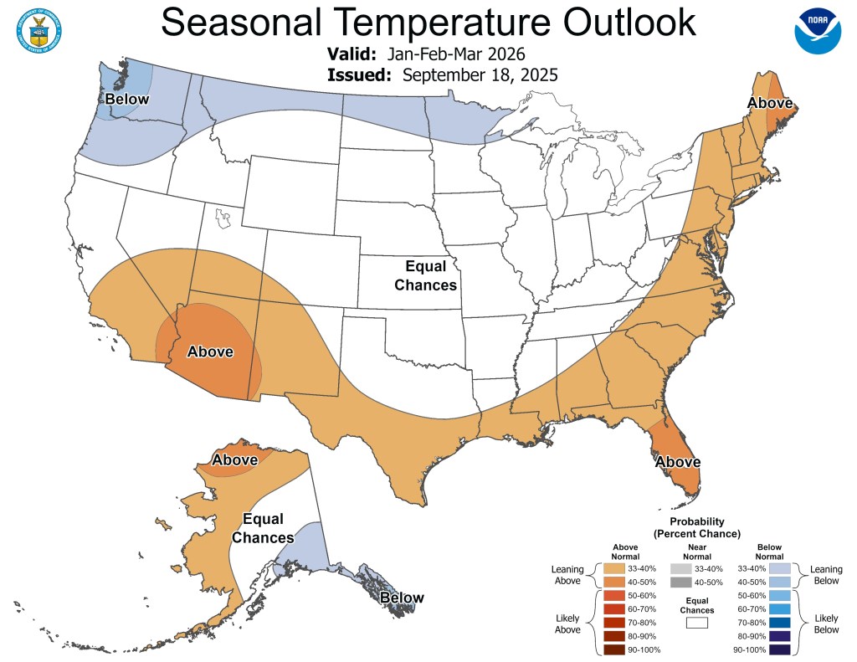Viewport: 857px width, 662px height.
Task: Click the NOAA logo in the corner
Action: point(817,31)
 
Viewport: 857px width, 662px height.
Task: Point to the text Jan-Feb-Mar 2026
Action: point(456,54)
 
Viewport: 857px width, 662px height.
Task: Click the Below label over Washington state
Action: point(126,100)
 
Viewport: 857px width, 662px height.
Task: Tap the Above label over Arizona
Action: point(209,352)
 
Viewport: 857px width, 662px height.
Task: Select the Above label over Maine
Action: point(770,103)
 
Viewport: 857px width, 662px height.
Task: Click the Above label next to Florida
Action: point(678,461)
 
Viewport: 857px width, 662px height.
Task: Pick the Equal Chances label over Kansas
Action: point(431,275)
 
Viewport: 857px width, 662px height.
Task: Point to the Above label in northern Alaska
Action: point(234,459)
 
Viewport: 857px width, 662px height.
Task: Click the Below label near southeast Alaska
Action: point(402,598)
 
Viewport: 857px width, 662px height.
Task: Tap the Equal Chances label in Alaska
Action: point(263,528)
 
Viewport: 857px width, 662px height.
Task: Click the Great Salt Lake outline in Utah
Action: point(222,218)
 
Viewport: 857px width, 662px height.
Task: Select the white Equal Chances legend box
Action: point(696,622)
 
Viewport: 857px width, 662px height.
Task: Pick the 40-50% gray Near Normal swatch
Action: point(680,582)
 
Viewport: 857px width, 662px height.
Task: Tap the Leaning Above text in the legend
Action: point(567,575)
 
